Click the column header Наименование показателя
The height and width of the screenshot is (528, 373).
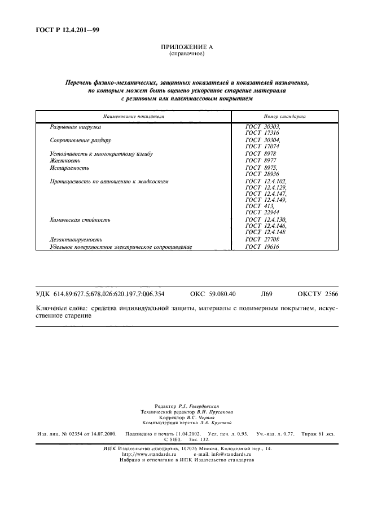point(134,116)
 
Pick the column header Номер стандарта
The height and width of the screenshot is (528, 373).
point(284,116)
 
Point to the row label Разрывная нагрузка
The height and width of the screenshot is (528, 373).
point(75,127)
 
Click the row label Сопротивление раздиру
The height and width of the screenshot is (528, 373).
point(80,140)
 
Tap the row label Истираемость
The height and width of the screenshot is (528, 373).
point(69,168)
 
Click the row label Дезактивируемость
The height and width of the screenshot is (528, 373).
point(76,240)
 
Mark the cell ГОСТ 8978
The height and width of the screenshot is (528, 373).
point(261,154)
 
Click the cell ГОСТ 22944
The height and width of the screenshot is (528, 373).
point(262,212)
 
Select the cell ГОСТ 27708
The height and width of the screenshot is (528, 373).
point(262,240)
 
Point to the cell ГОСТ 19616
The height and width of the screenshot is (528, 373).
point(262,247)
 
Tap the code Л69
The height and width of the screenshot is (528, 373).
point(266,294)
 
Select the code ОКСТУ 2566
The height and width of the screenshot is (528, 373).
point(318,294)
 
